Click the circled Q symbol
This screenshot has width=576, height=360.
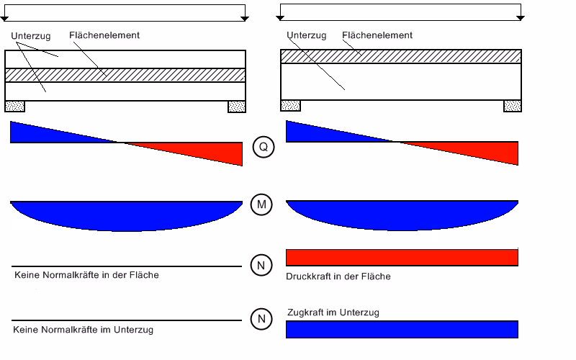click(x=263, y=148)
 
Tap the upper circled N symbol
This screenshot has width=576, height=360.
click(x=263, y=265)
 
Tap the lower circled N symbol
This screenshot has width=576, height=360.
click(x=263, y=318)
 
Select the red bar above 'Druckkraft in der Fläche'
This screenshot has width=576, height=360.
click(x=402, y=258)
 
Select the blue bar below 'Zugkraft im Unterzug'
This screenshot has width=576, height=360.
click(x=402, y=329)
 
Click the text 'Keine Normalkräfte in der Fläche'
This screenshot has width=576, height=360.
click(x=86, y=275)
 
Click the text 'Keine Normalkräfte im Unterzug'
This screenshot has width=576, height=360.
click(x=84, y=330)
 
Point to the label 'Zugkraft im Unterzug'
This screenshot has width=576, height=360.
click(x=333, y=312)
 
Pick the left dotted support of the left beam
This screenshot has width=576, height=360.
click(x=15, y=107)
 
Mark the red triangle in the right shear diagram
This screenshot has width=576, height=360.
click(x=490, y=151)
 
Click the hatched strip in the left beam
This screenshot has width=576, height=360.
click(x=126, y=75)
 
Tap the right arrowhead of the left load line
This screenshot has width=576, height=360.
click(x=244, y=17)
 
